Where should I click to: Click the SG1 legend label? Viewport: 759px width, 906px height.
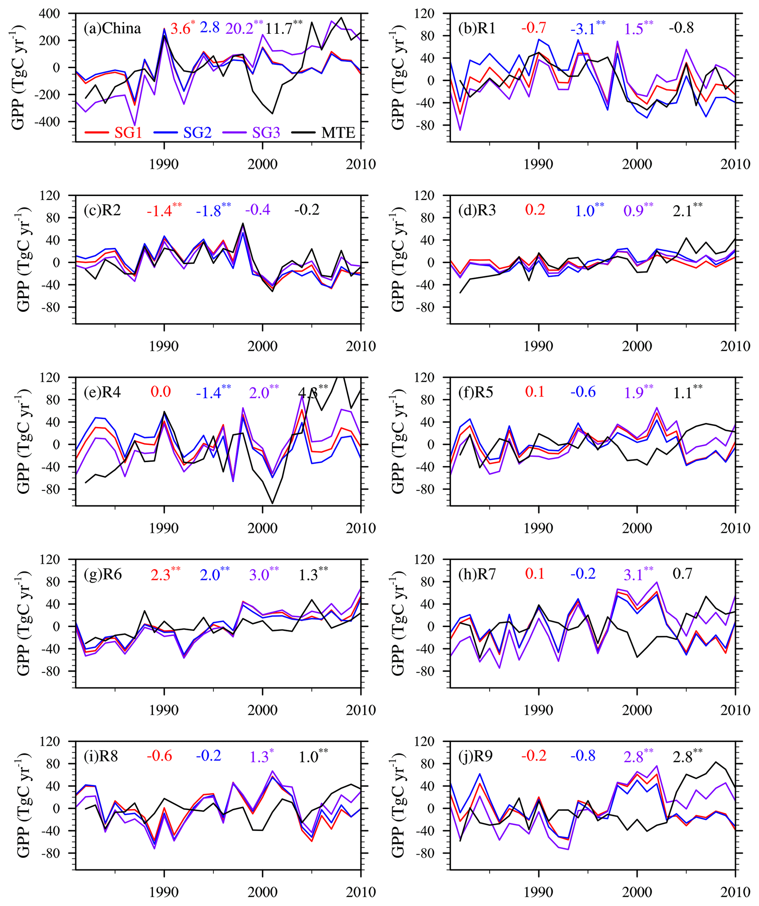click(x=128, y=132)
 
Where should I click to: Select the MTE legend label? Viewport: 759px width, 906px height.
click(x=338, y=132)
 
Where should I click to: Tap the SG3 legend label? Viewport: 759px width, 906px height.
click(x=266, y=132)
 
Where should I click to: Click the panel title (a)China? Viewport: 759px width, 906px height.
click(x=113, y=29)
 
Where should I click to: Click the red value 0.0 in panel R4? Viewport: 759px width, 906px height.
click(x=160, y=392)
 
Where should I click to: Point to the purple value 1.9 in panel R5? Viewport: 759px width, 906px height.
click(x=633, y=392)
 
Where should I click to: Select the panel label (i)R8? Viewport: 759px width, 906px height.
click(x=101, y=756)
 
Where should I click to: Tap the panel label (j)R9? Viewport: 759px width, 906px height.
click(x=476, y=756)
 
